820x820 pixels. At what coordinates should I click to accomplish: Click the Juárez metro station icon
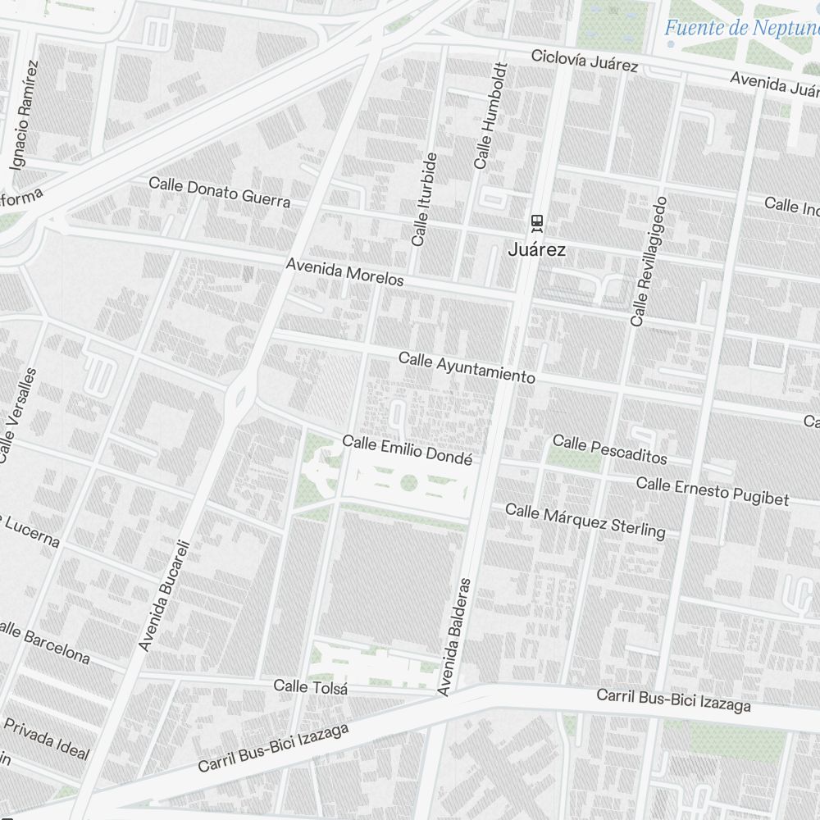pyautogui.click(x=537, y=221)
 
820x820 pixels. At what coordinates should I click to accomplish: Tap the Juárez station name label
pyautogui.click(x=537, y=250)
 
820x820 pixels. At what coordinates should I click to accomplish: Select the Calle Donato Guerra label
pyautogui.click(x=219, y=192)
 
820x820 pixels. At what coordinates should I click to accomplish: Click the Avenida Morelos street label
pyautogui.click(x=344, y=272)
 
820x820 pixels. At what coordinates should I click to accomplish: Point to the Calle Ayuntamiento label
pyautogui.click(x=467, y=368)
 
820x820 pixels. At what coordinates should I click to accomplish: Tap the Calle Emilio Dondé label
pyautogui.click(x=407, y=449)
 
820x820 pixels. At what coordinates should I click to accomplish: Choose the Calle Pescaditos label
pyautogui.click(x=609, y=449)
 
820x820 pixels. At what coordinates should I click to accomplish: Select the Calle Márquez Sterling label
pyautogui.click(x=585, y=521)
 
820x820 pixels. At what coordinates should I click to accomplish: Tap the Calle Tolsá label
pyautogui.click(x=310, y=687)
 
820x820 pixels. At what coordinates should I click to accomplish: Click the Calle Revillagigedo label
pyautogui.click(x=649, y=261)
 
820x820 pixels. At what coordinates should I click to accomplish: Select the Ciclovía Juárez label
pyautogui.click(x=584, y=61)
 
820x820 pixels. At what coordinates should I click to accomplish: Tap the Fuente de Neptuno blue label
pyautogui.click(x=740, y=28)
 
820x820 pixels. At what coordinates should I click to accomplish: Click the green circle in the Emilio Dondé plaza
pyautogui.click(x=408, y=484)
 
